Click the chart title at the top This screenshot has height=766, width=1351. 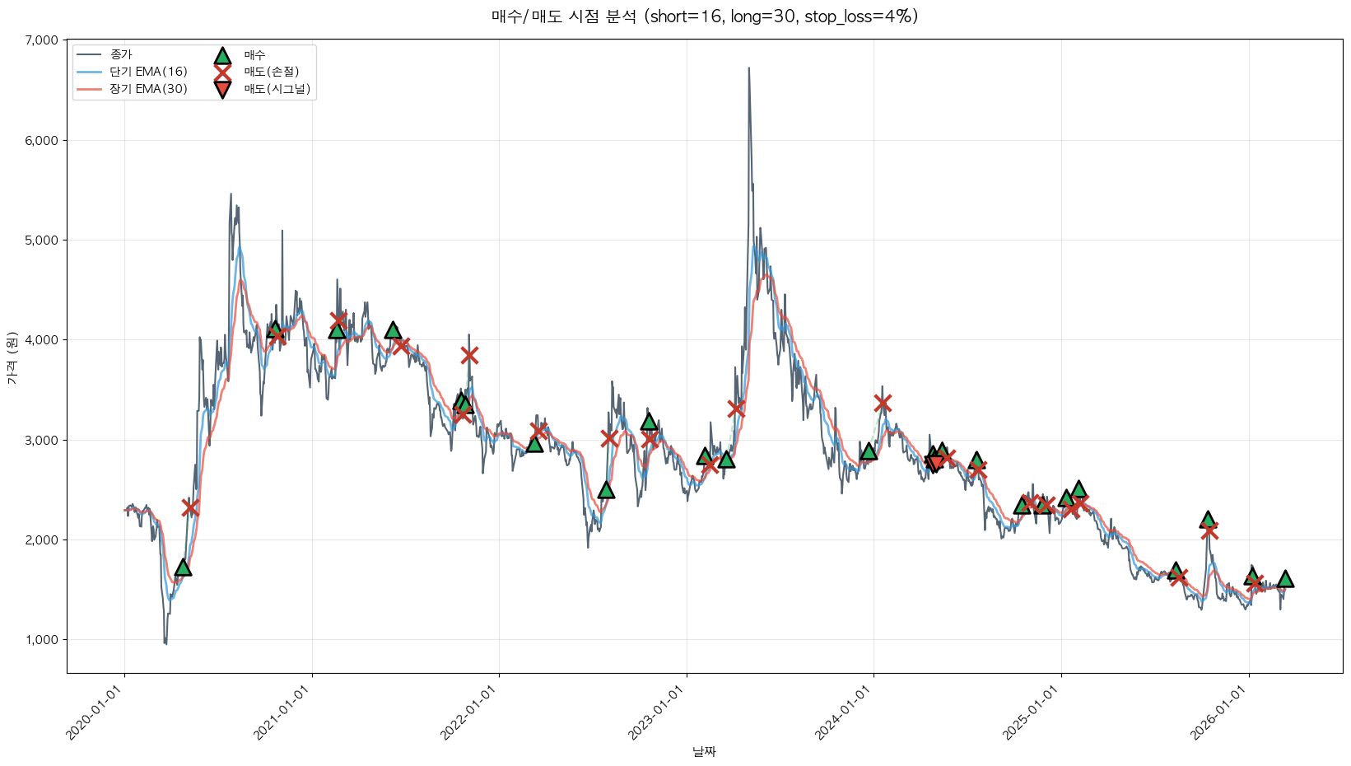pos(704,16)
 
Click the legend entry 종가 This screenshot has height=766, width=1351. pos(121,54)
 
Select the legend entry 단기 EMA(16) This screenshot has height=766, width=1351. pos(148,72)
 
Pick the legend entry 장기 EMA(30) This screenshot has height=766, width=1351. pos(148,89)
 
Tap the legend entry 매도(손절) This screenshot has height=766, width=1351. pos(277,72)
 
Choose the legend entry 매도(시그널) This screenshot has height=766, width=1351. pos(277,89)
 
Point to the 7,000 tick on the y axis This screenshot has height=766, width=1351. pos(42,40)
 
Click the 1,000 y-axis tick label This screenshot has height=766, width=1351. pos(42,640)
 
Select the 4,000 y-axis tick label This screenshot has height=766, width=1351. pos(42,340)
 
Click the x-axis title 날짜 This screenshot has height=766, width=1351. pos(704,751)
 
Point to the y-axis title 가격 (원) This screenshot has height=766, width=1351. pos(12,357)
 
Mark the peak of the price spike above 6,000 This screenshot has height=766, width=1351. pos(748,68)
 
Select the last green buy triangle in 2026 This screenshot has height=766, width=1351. pos(1284,579)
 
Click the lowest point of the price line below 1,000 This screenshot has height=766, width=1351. pos(165,644)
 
